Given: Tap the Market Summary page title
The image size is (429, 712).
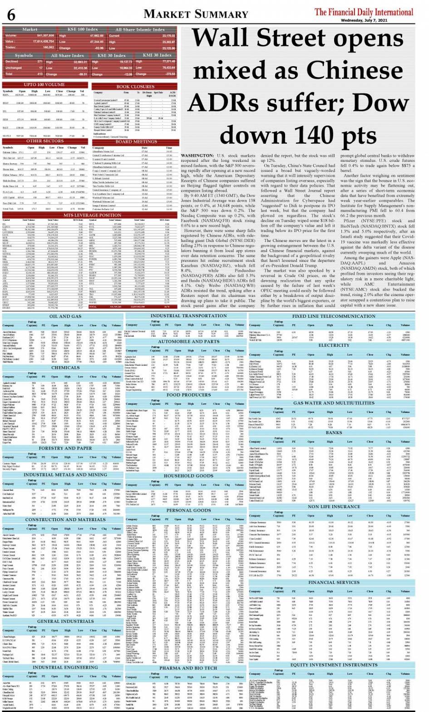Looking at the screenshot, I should (x=196, y=14).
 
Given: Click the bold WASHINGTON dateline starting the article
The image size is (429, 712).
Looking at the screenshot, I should (x=197, y=155).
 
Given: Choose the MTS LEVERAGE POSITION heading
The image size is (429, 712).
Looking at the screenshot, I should (x=92, y=215).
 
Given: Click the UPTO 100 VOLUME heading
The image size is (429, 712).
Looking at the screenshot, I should (x=44, y=85).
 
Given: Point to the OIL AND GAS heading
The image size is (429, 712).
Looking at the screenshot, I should (x=65, y=316).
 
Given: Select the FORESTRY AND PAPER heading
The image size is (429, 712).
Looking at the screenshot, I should (x=65, y=448).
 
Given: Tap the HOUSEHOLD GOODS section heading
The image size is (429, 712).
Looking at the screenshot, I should (x=188, y=476).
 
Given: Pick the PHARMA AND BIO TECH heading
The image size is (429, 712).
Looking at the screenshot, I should (x=188, y=668).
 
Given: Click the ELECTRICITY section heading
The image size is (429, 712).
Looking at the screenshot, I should (x=334, y=345).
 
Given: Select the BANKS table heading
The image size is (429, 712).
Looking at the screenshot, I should (x=334, y=433).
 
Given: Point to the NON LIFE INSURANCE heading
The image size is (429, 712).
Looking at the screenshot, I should (x=334, y=507).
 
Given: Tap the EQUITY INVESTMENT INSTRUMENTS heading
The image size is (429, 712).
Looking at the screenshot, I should (x=334, y=665).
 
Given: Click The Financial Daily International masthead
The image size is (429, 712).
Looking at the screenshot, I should (x=364, y=12).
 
